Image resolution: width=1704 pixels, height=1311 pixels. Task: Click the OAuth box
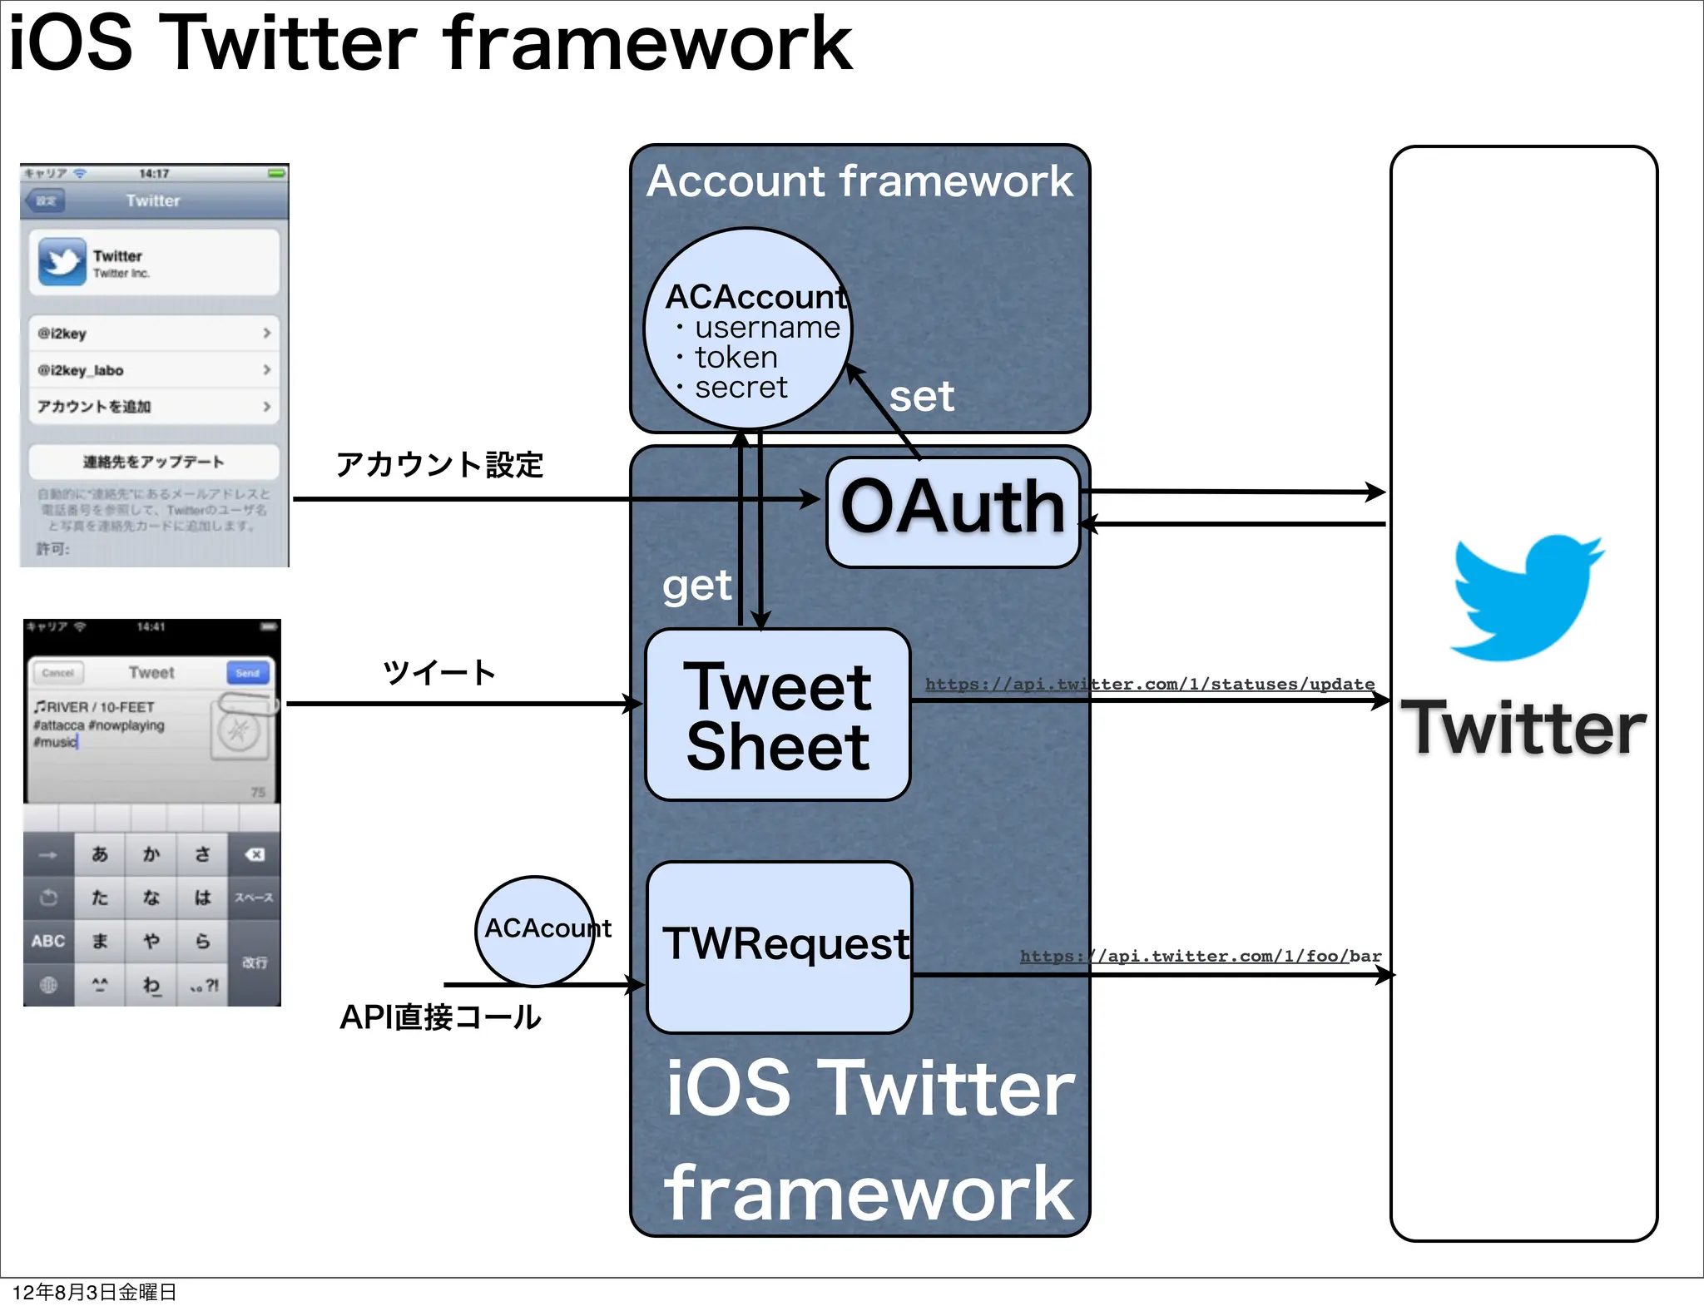(x=953, y=512)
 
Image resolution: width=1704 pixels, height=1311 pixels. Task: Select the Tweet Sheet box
(x=778, y=715)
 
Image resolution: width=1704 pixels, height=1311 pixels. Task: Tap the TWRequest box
(x=780, y=947)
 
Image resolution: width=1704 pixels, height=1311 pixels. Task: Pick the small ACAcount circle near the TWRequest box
(x=536, y=930)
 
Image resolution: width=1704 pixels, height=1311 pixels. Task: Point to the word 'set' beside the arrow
(x=921, y=397)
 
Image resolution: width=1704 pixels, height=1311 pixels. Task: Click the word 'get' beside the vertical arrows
(x=696, y=586)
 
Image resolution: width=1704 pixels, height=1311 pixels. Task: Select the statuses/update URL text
(x=1150, y=684)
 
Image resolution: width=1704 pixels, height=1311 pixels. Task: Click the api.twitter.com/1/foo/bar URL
(x=1201, y=956)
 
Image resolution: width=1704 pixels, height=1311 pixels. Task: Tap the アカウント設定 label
(x=439, y=464)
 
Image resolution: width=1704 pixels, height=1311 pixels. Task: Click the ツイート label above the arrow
(x=439, y=672)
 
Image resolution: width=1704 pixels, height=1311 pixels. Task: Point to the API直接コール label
(x=440, y=1017)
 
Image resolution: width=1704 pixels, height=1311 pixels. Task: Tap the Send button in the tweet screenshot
(x=247, y=673)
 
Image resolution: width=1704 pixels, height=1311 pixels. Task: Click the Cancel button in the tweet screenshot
(x=58, y=673)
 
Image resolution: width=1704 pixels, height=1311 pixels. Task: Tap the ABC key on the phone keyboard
(x=48, y=941)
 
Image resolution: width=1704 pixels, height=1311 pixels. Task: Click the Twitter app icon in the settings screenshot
(x=62, y=262)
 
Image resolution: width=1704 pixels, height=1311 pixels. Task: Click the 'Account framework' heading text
(x=859, y=181)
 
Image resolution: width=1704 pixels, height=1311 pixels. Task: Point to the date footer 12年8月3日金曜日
(x=94, y=1292)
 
